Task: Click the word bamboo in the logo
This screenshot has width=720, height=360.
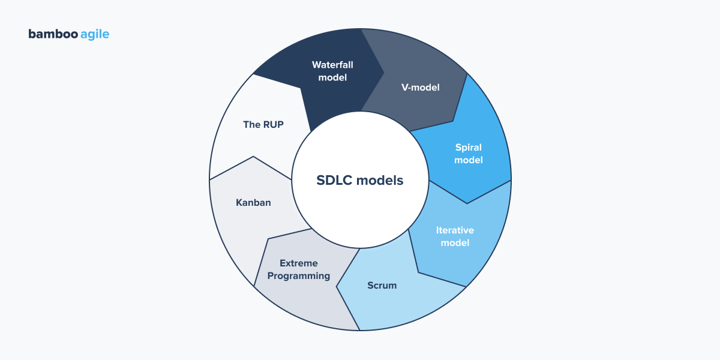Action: [52, 34]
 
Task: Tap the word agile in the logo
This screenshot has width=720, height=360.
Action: [94, 35]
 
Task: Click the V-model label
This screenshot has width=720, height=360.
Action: [420, 88]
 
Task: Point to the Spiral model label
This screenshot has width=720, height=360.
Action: [469, 154]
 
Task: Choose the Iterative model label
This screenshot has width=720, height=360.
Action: [455, 236]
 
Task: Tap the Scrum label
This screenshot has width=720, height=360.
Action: [382, 285]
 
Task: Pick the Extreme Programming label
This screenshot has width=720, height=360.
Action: [299, 270]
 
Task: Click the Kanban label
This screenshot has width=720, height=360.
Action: [253, 203]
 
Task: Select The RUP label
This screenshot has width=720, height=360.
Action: [263, 125]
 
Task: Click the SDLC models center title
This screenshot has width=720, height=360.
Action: [360, 180]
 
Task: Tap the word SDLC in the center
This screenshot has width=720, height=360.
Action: [334, 180]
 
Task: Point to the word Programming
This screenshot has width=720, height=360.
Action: [299, 277]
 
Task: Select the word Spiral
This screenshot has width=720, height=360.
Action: [469, 147]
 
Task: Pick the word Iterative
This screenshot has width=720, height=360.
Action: [455, 230]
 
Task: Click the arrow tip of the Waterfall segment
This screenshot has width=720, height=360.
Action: [384, 73]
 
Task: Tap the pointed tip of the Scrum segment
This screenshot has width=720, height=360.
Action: [337, 286]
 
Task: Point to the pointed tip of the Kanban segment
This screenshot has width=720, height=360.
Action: [253, 157]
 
